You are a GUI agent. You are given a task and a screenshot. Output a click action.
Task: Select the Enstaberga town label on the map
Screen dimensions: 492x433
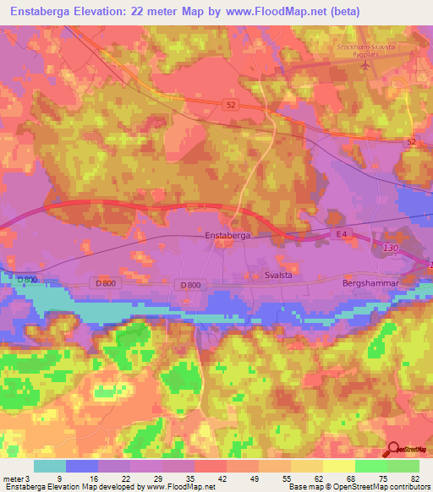coord(227,236)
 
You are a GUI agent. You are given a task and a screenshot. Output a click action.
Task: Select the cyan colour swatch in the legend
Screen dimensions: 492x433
coord(50,465)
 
